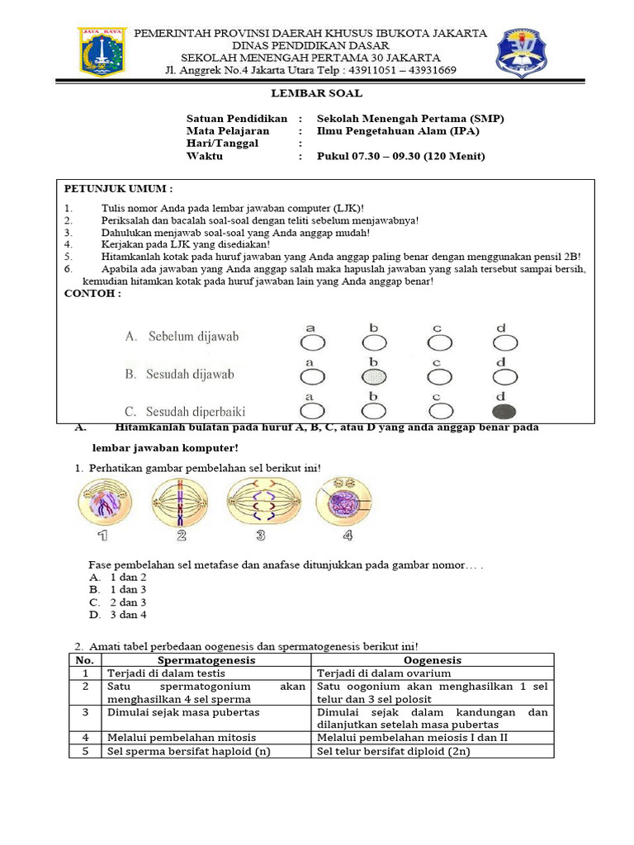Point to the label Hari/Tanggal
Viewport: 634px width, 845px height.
[x=222, y=143]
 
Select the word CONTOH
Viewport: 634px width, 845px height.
[x=92, y=293]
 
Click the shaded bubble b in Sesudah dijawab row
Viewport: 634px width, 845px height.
[x=374, y=377]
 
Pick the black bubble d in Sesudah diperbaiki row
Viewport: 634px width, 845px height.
[x=504, y=411]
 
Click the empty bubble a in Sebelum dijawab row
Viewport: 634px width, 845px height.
[x=312, y=342]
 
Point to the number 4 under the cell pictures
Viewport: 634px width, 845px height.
[x=348, y=536]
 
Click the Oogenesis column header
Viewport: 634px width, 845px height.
[x=433, y=660]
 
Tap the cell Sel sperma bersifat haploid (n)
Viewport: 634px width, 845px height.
[x=189, y=751]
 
